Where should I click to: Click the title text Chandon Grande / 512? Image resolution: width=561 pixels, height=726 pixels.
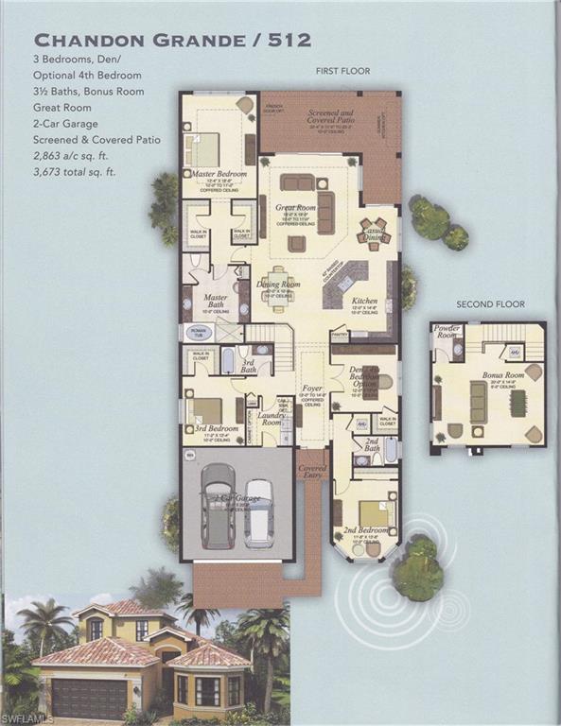[x=172, y=40]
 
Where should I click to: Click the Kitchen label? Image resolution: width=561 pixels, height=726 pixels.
[x=364, y=302]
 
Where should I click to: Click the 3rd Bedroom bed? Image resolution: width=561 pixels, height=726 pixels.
[x=204, y=410]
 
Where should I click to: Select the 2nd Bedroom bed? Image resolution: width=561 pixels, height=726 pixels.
[x=375, y=513]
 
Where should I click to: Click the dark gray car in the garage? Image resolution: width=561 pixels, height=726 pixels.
[x=218, y=506]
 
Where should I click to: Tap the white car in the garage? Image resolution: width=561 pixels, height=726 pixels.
[x=258, y=513]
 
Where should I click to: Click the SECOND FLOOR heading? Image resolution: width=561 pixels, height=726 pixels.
[x=490, y=304]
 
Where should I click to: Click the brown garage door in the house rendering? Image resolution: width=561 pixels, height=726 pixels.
[x=88, y=699]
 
